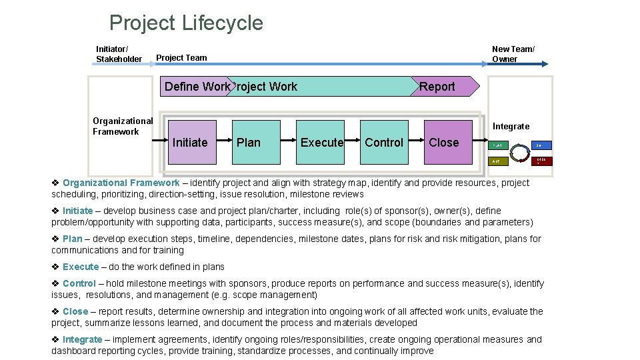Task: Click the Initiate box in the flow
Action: tap(190, 142)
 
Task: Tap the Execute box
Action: tap(321, 142)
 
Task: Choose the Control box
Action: tap(384, 142)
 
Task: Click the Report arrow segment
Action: tap(440, 87)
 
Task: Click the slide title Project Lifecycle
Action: tap(186, 23)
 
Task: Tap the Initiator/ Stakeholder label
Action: tap(119, 54)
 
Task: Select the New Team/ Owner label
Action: tap(513, 54)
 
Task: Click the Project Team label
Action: tap(181, 58)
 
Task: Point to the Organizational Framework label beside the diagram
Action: tap(123, 126)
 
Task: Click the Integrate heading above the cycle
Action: tap(511, 126)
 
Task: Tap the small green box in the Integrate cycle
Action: tap(499, 145)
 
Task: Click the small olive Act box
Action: tap(499, 161)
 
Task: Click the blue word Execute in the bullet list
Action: tap(80, 267)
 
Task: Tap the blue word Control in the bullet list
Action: tap(79, 283)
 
